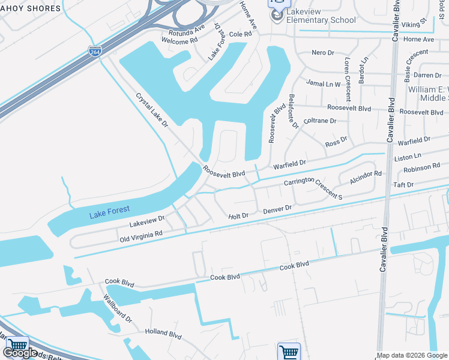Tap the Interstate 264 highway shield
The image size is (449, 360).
point(94,52)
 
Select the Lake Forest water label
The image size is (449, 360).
point(109,212)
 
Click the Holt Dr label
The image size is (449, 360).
point(238,216)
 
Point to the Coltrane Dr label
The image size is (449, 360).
point(320,121)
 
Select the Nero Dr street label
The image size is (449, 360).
point(323,53)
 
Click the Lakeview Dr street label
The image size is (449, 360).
point(147,223)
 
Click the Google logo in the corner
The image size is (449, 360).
point(20,353)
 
